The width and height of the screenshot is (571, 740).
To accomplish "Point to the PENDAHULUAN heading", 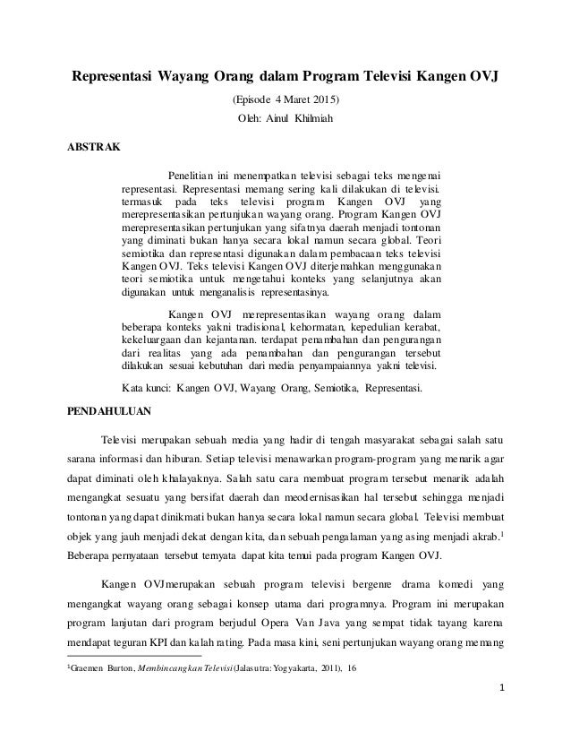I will pyautogui.click(x=112, y=414).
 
